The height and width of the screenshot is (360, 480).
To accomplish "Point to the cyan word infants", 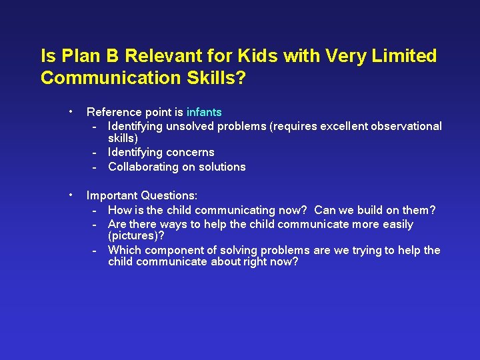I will (204, 112).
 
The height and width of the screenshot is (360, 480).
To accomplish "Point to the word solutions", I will (222, 167).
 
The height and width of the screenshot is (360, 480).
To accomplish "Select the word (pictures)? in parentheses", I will (136, 237).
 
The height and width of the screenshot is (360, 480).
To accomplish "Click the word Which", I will (124, 251).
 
